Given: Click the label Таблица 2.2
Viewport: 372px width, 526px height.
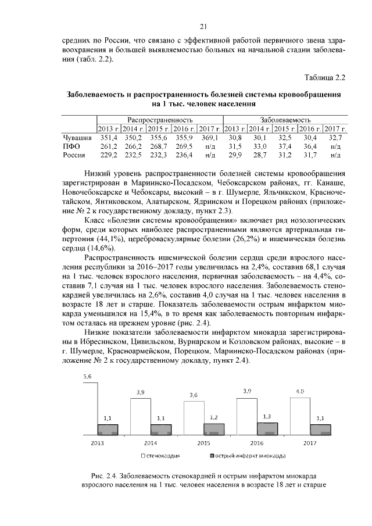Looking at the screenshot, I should pos(325,77).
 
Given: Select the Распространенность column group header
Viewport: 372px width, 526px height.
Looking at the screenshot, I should pos(160,119).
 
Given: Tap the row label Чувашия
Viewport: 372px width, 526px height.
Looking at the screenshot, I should pos(77,137).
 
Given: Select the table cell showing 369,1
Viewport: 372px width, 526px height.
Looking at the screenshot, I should pos(210,137).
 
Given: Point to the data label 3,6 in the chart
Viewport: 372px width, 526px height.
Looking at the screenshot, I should pos(194,395).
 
